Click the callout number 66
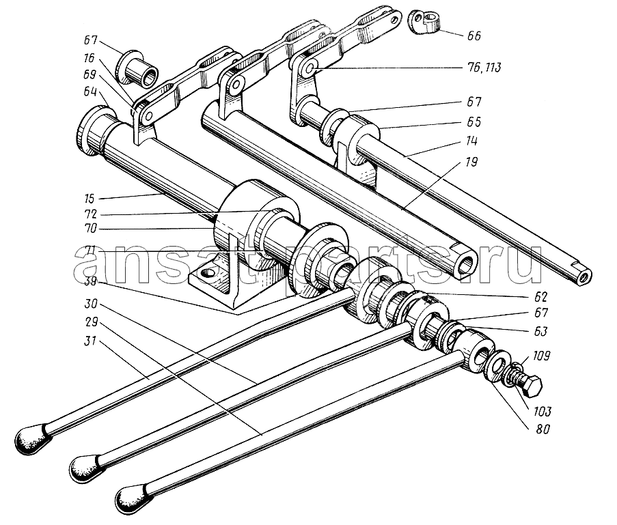click(x=474, y=36)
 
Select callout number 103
click(x=543, y=412)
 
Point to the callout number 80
click(x=543, y=429)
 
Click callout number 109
click(x=542, y=356)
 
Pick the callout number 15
click(x=90, y=199)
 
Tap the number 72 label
click(x=90, y=214)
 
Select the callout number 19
click(x=471, y=162)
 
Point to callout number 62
click(x=540, y=296)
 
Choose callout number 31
click(x=90, y=341)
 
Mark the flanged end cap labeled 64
click(x=94, y=131)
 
